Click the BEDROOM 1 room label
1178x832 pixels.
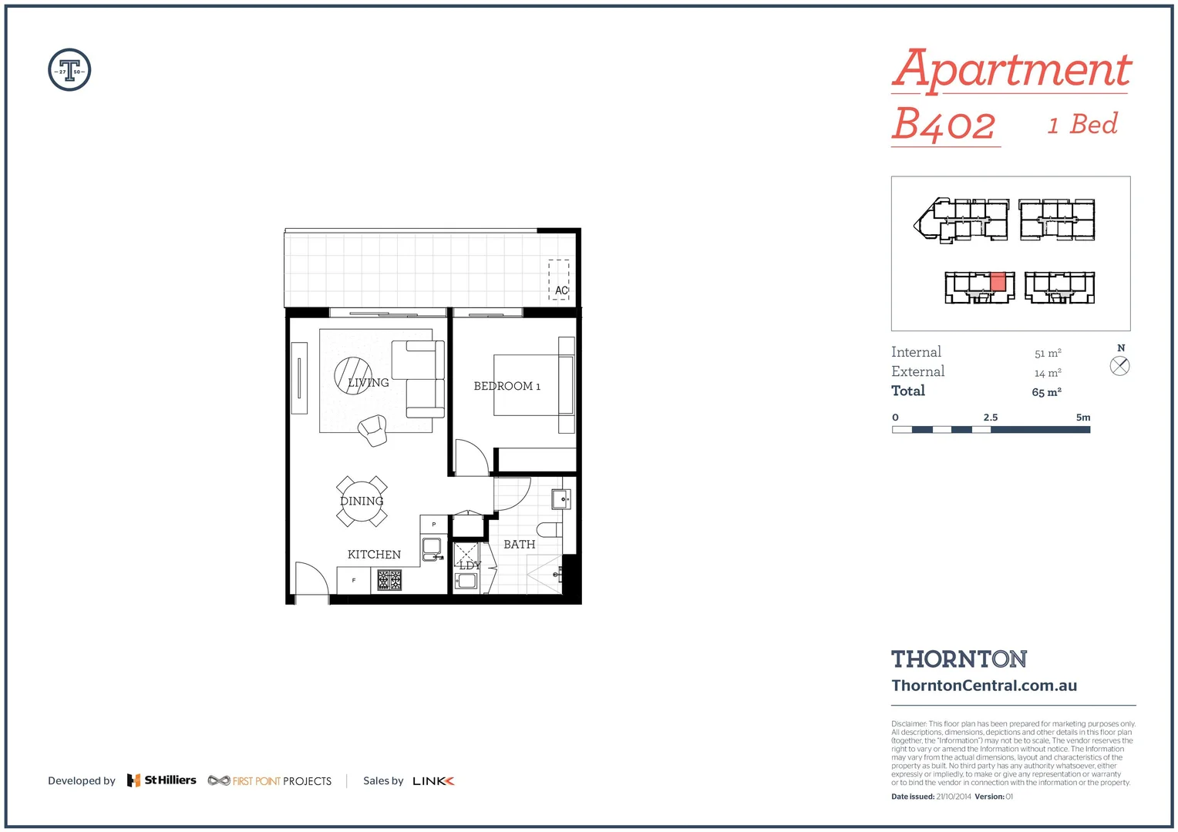(x=507, y=386)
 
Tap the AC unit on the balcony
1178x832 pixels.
(x=559, y=280)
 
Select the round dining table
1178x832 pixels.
(x=362, y=501)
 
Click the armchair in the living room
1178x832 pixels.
(x=373, y=430)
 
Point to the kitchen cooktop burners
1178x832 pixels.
(x=389, y=579)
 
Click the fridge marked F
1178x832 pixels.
(x=353, y=580)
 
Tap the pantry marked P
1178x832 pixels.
(x=434, y=525)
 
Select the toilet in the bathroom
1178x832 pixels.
(x=549, y=529)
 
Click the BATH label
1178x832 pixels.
(x=519, y=545)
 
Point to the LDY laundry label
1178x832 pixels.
(x=470, y=565)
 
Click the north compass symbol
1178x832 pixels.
(x=1119, y=366)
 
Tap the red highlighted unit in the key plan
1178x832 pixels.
(x=998, y=282)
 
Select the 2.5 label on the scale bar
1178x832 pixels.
(x=991, y=418)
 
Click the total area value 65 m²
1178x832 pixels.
(x=1046, y=392)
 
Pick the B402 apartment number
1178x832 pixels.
(x=944, y=125)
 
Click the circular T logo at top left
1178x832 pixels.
(x=69, y=70)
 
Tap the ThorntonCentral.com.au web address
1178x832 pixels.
(x=984, y=686)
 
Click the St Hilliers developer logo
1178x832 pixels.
(x=162, y=780)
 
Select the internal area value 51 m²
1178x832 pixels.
(x=1048, y=354)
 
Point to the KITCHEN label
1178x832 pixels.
(x=374, y=555)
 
